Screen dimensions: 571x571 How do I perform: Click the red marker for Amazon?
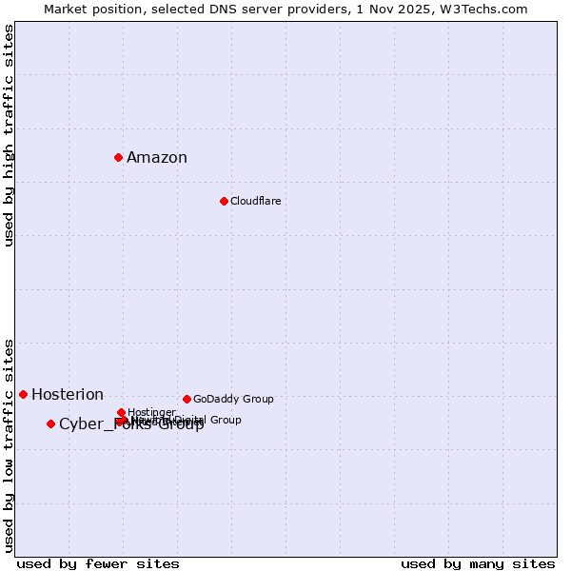[118, 157]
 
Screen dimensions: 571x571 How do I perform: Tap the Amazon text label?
[157, 158]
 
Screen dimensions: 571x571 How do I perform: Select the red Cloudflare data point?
[224, 201]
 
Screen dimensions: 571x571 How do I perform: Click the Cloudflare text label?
[255, 201]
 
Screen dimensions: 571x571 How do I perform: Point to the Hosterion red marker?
[23, 394]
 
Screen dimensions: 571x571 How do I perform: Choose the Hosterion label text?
[68, 395]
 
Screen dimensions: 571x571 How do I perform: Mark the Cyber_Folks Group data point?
[50, 423]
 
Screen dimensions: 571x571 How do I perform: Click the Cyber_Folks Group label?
[131, 424]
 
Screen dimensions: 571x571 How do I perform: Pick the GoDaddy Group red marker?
[187, 399]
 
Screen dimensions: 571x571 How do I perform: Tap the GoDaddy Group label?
[233, 399]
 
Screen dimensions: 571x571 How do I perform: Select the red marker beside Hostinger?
[121, 412]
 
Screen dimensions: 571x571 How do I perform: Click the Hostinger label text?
[151, 412]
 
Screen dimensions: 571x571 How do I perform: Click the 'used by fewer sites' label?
[98, 563]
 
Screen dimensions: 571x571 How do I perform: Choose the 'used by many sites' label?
[478, 563]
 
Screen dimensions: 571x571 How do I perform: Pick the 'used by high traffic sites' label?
[9, 135]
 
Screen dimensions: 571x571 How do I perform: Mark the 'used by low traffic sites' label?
[9, 445]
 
